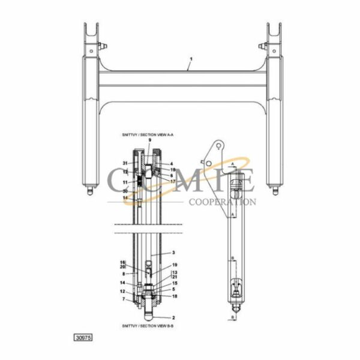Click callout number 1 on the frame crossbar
[190, 60]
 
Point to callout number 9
[149, 140]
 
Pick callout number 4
[171, 164]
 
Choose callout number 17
[172, 181]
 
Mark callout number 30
[125, 191]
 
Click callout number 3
[173, 253]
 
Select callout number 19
[175, 265]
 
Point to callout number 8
[124, 274]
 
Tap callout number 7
[124, 299]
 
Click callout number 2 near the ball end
[173, 317]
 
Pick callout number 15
[175, 283]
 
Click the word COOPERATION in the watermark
[221, 202]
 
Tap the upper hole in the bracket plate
[220, 146]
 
